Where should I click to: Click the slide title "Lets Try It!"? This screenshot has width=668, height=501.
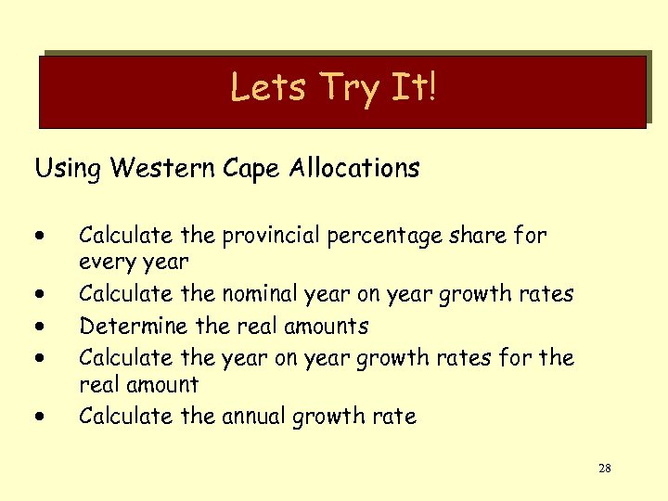pos(333,88)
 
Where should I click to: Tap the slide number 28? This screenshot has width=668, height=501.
pos(604,469)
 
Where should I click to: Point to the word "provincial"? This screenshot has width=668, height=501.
pos(280,237)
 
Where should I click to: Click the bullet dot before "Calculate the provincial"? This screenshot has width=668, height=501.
pos(42,237)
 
